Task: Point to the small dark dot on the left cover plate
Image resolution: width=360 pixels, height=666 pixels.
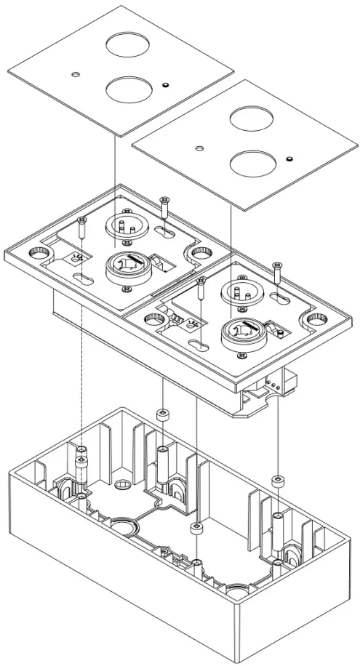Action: pos(167,85)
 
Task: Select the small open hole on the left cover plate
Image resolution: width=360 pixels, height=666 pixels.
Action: pos(76,75)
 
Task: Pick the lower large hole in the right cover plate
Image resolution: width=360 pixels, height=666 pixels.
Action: pos(250,163)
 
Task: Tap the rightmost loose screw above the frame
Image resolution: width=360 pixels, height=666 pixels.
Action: pos(276,273)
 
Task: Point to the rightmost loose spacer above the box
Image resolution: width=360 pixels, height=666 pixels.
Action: pos(276,481)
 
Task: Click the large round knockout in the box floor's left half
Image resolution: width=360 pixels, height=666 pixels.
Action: pos(121,524)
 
